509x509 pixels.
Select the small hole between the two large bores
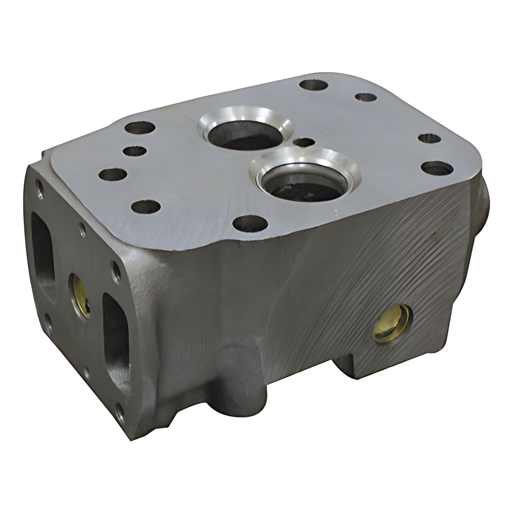304,142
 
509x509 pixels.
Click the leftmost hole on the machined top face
113,175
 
